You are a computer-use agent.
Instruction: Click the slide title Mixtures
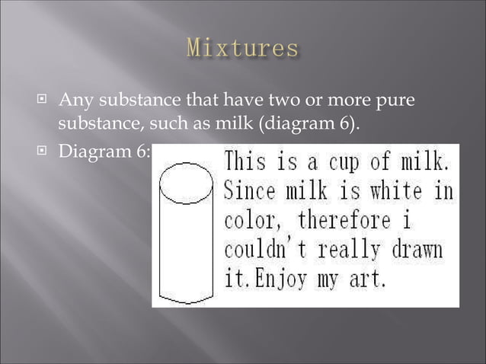click(x=242, y=49)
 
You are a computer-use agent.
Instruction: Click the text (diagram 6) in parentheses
click(x=309, y=120)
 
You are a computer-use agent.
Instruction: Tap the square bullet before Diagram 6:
click(x=45, y=152)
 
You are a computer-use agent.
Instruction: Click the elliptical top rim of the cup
click(x=186, y=182)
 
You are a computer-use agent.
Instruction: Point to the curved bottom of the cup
click(x=186, y=299)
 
